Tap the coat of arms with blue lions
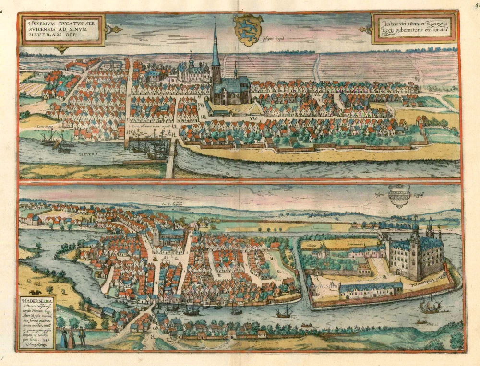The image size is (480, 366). [248, 30]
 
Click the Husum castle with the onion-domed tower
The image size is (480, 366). [192, 71]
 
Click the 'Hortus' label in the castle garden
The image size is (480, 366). [312, 245]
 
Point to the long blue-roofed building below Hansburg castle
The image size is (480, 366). [371, 288]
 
